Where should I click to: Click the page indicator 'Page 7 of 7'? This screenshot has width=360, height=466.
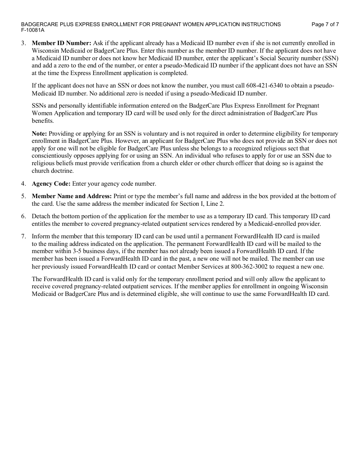tap(325, 24)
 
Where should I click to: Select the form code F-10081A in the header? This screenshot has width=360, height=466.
tap(33, 30)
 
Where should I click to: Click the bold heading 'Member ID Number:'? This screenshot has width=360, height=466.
tap(61, 43)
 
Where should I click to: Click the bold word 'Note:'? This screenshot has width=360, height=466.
tap(39, 134)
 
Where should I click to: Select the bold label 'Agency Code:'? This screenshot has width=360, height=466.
tap(51, 184)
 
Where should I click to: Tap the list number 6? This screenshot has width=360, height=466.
tap(23, 216)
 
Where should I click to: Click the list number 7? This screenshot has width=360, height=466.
tap(23, 236)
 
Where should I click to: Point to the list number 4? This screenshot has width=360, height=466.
tap(23, 184)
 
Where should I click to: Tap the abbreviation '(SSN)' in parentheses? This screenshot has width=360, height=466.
tap(330, 58)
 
